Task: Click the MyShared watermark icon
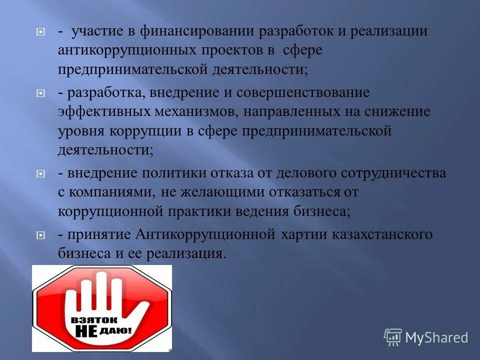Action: (x=393, y=337)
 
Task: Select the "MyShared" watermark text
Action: (x=436, y=337)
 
